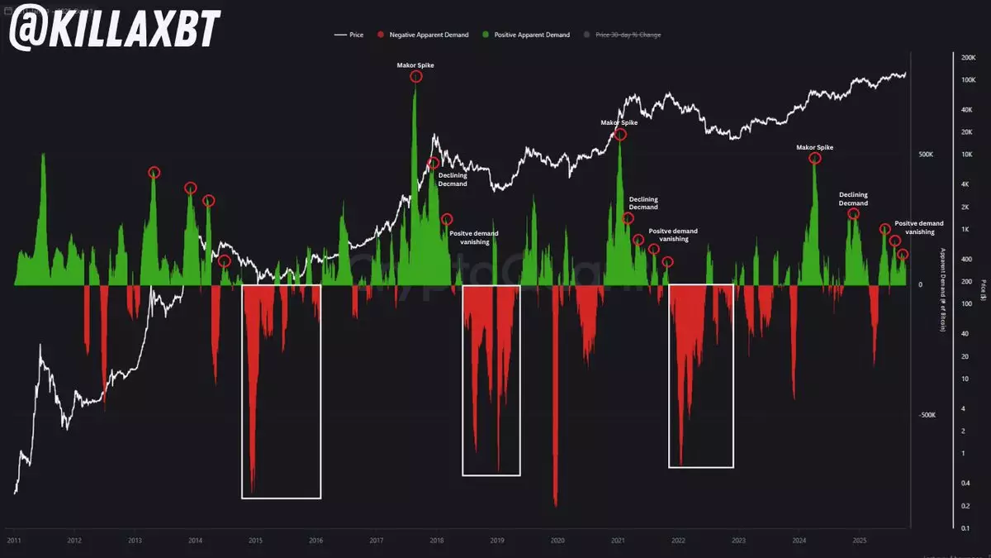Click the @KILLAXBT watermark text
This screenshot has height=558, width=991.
[x=115, y=28]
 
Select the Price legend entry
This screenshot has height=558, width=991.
[x=351, y=35]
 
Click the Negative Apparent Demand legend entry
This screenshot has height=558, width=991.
[x=429, y=35]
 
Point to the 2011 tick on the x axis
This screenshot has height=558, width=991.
[x=14, y=541]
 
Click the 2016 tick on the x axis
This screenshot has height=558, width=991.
[x=315, y=541]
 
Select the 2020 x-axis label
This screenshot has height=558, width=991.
[x=557, y=541]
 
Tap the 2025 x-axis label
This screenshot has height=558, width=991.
[x=859, y=541]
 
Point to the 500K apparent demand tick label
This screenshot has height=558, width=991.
[x=926, y=155]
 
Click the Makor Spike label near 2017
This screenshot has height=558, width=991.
[x=415, y=64]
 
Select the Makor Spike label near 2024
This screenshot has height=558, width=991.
[x=814, y=147]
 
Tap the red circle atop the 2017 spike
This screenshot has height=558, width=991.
[x=415, y=77]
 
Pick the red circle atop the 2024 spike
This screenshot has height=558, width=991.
[x=814, y=159]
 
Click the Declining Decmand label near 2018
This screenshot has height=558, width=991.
[x=453, y=179]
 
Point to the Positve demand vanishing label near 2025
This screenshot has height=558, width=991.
[x=919, y=227]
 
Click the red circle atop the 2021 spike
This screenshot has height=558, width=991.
[x=620, y=135]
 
